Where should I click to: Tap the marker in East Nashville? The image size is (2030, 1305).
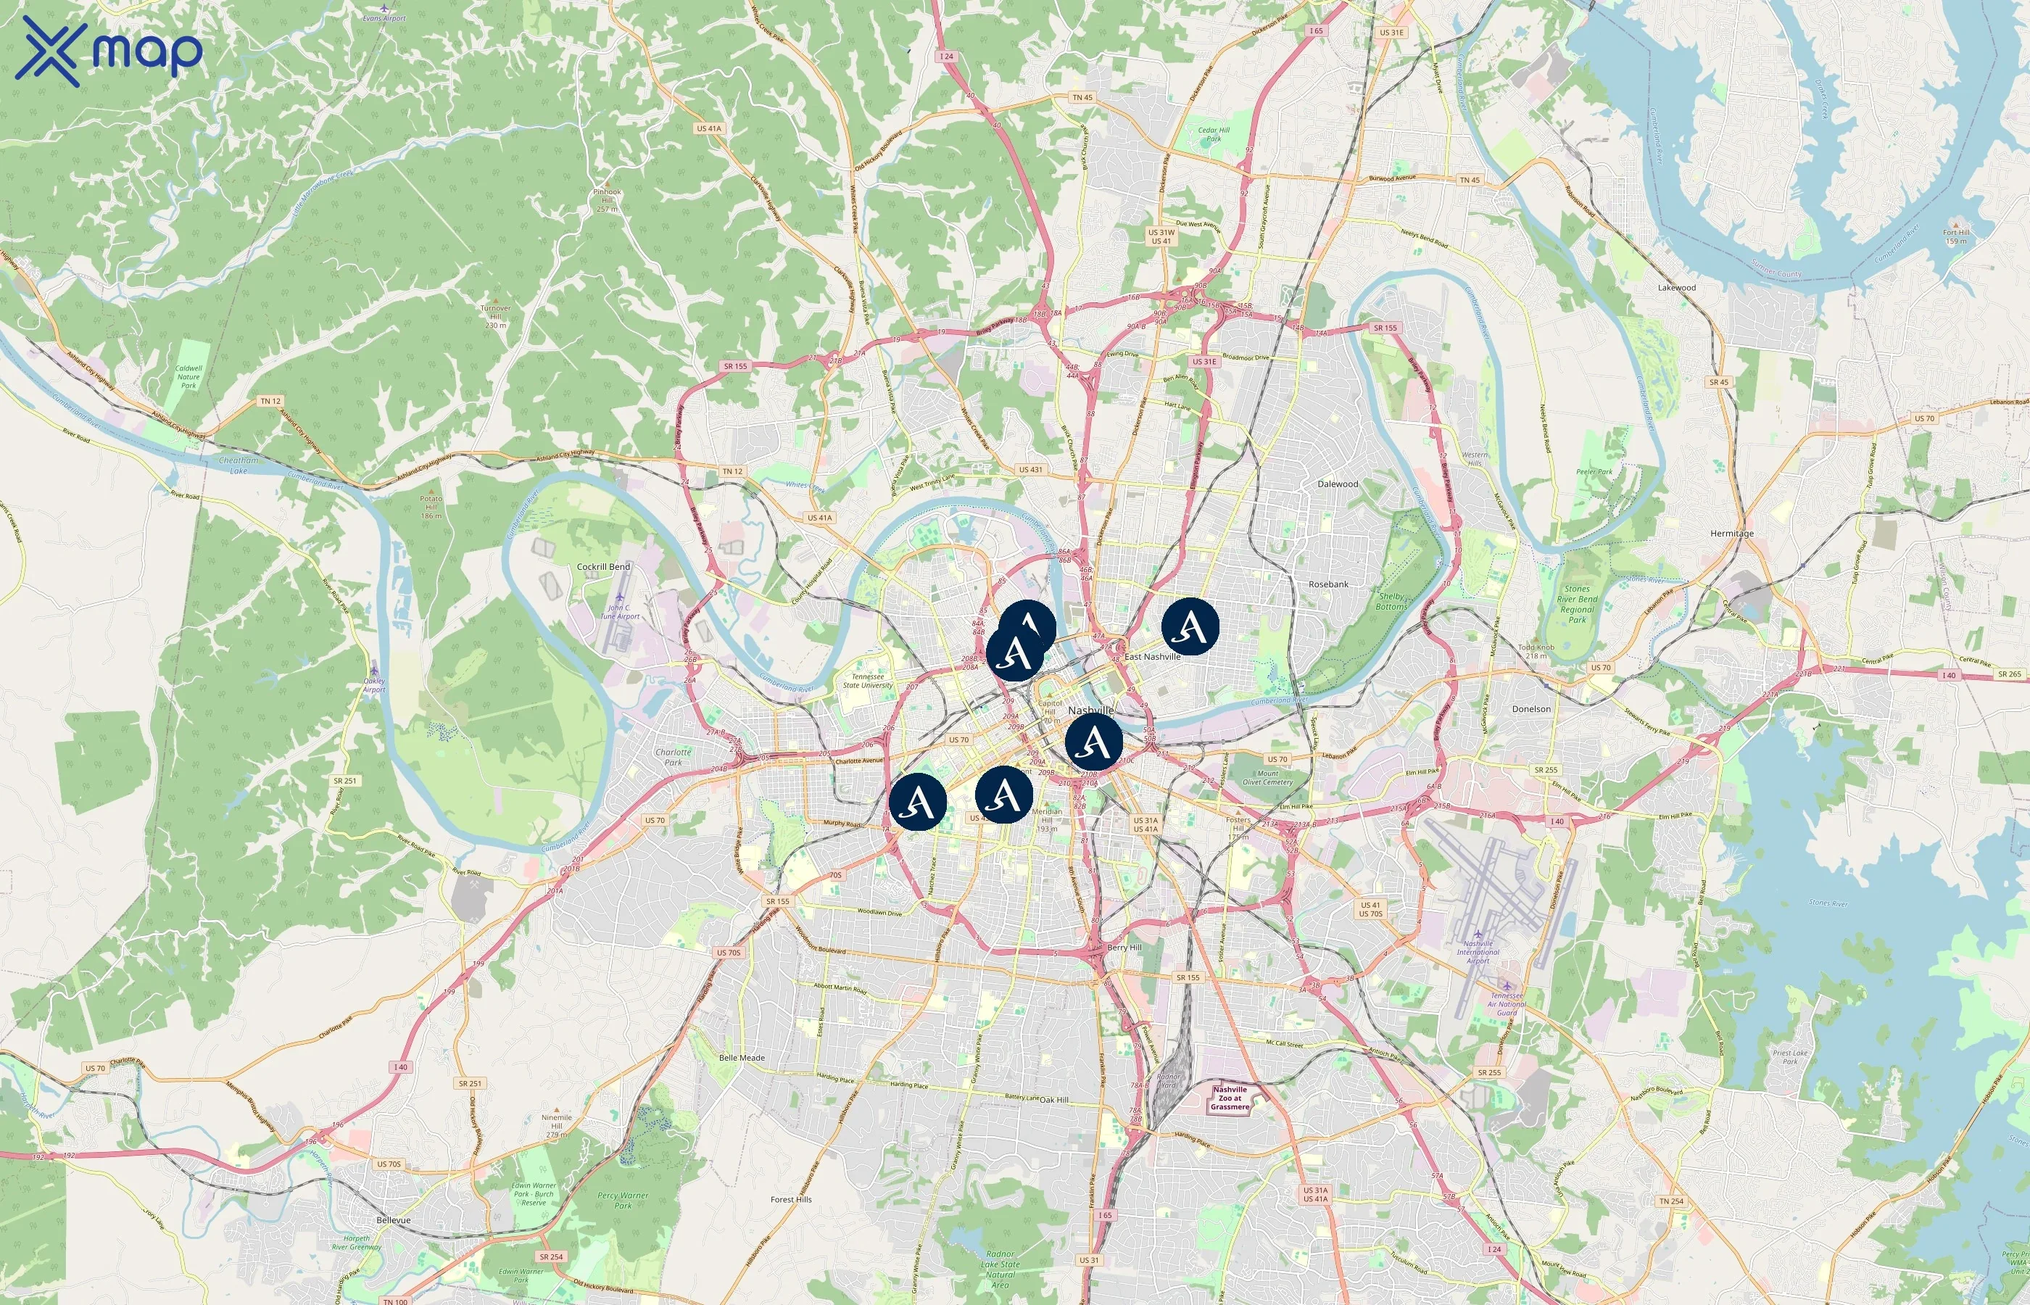[1190, 626]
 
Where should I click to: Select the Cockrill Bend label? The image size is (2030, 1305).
[603, 567]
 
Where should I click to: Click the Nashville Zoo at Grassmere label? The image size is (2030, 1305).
[1230, 1098]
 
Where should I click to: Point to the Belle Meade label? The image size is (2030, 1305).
[742, 1058]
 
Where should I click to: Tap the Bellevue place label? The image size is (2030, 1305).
[393, 1220]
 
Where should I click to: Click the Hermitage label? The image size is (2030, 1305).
[1732, 534]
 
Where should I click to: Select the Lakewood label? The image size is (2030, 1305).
[1677, 287]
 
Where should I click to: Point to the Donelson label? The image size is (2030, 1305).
[1531, 709]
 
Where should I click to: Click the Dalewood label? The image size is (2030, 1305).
[1337, 484]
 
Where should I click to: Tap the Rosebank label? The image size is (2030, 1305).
[1327, 584]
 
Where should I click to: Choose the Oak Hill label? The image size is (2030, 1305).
[1054, 1100]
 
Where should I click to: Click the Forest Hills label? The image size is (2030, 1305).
[790, 1199]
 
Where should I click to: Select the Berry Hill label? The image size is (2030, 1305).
[1124, 948]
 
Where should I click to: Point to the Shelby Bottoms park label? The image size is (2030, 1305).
[1391, 601]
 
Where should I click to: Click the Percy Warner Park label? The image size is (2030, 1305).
[623, 1201]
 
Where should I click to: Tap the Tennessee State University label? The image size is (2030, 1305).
[868, 681]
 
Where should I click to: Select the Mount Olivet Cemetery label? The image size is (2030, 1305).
[1267, 778]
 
